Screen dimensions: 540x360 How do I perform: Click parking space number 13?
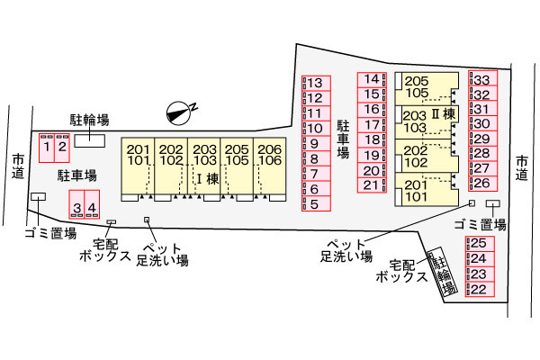pos(316,84)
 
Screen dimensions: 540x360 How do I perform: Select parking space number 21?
pos(372,185)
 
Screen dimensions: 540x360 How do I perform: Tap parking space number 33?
pos(482,78)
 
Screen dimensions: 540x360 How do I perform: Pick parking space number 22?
pos(480,290)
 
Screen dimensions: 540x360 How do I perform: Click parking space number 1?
pos(47,148)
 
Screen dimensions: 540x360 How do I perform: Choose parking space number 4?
pos(92,204)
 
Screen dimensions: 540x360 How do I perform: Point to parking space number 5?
pos(316,203)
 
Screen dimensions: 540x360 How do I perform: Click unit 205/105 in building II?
pos(427,89)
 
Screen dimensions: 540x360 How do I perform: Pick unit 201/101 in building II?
pos(427,190)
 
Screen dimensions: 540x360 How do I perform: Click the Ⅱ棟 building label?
pos(444,114)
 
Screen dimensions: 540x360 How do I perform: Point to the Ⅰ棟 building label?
pos(208,178)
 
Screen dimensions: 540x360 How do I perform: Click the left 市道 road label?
pos(18,166)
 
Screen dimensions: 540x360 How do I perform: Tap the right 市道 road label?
pos(522,167)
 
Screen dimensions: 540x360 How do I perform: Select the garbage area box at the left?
pos(38,196)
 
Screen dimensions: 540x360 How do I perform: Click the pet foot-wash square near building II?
pos(472,203)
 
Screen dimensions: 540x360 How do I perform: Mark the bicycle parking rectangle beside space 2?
pos(90,141)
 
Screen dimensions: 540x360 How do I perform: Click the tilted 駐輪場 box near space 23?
pos(443,271)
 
